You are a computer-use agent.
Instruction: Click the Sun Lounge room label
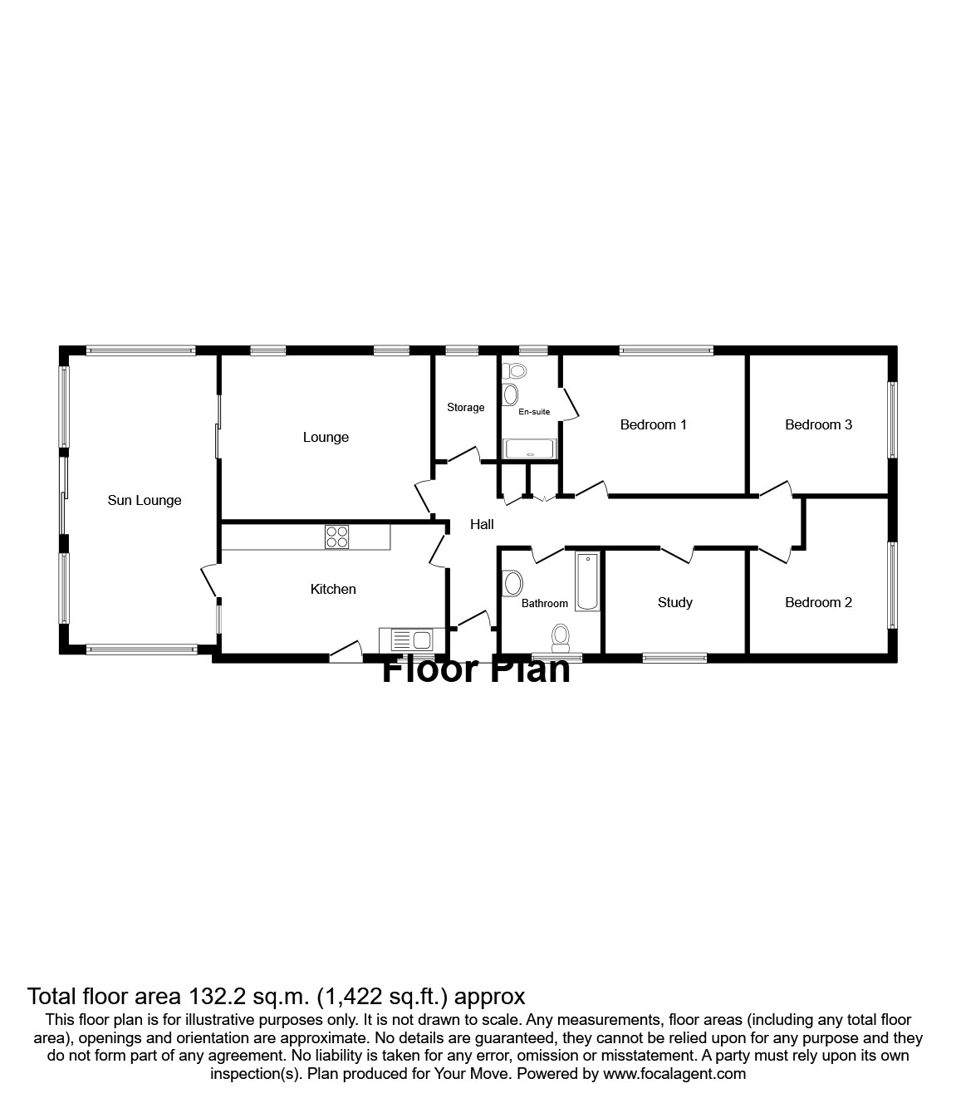coord(145,500)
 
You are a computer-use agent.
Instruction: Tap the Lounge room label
coord(326,437)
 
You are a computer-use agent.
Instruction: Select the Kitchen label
coord(333,589)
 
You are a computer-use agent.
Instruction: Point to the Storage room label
coord(466,407)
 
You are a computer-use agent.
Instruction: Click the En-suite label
coord(534,411)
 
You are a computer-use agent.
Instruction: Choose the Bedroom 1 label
coord(654,424)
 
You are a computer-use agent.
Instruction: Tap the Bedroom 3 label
coord(819,424)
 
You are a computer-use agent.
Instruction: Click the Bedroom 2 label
coord(819,602)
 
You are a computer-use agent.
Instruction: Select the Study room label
coord(675,602)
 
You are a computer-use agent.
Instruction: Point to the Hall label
coord(482,524)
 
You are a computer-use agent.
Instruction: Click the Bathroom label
coord(545,604)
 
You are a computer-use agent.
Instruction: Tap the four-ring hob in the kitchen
coord(337,537)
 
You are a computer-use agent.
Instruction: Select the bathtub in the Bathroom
coord(587,581)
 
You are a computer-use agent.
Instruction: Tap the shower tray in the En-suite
coord(531,449)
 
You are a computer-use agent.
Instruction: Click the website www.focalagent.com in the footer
coord(674,1073)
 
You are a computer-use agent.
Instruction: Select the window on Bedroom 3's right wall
coord(893,419)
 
